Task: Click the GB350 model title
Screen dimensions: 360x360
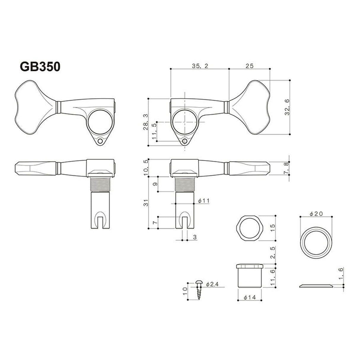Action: [x=40, y=66]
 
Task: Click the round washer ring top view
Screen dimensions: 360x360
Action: [x=316, y=239]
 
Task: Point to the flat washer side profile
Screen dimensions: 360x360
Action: [x=316, y=286]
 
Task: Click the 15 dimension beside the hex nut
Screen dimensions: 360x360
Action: [x=273, y=227]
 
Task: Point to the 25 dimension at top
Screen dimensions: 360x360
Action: [x=249, y=66]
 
